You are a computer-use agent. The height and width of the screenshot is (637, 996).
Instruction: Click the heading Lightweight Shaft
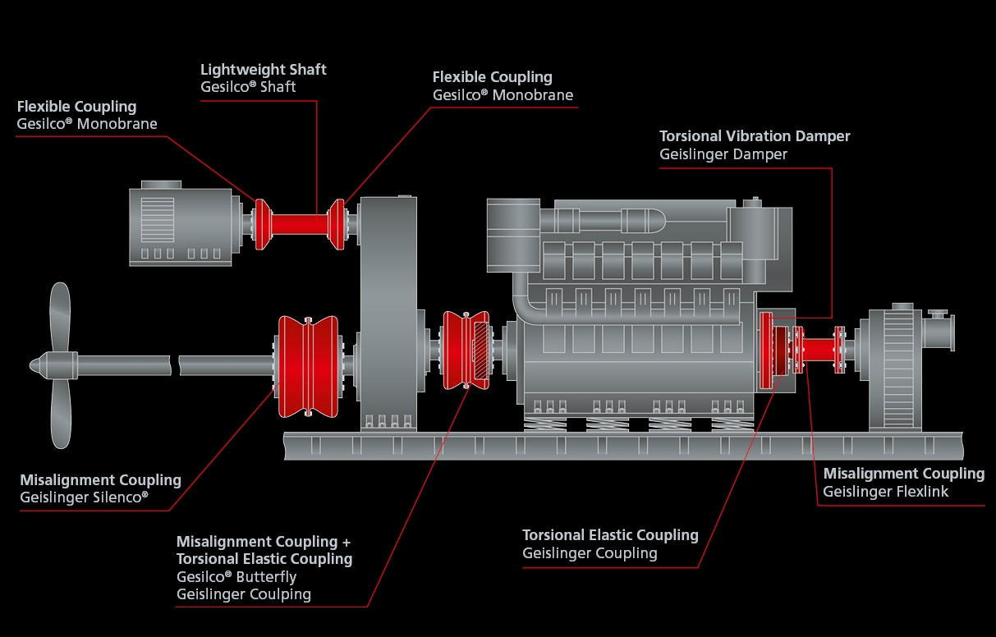click(263, 70)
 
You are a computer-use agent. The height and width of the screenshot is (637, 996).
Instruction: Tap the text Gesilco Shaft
click(248, 87)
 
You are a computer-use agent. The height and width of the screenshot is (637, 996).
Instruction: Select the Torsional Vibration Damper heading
click(755, 136)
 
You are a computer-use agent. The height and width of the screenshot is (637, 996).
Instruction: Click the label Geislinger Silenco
click(84, 497)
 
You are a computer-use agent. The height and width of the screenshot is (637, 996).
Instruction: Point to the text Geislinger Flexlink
click(886, 492)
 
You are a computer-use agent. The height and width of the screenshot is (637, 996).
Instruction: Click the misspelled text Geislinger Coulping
click(244, 594)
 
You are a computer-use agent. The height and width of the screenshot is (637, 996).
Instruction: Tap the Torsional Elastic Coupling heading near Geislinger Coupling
click(610, 535)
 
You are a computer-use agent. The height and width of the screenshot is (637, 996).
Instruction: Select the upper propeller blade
click(59, 316)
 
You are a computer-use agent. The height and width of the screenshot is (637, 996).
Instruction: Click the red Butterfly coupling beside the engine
click(464, 350)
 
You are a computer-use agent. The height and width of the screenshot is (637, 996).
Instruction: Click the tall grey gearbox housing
click(388, 312)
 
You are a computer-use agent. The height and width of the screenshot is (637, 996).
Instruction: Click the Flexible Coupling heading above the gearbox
click(492, 77)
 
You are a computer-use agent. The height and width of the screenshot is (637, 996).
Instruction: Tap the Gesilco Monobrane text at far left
click(86, 124)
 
